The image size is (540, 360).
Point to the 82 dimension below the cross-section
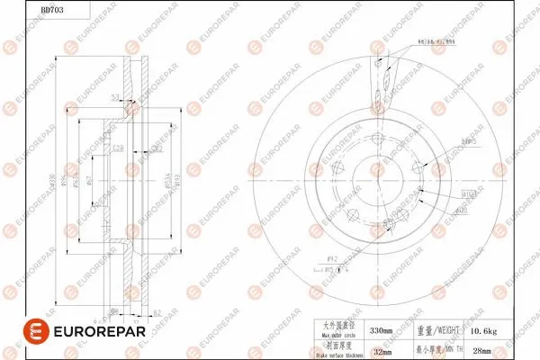pos(157,311)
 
